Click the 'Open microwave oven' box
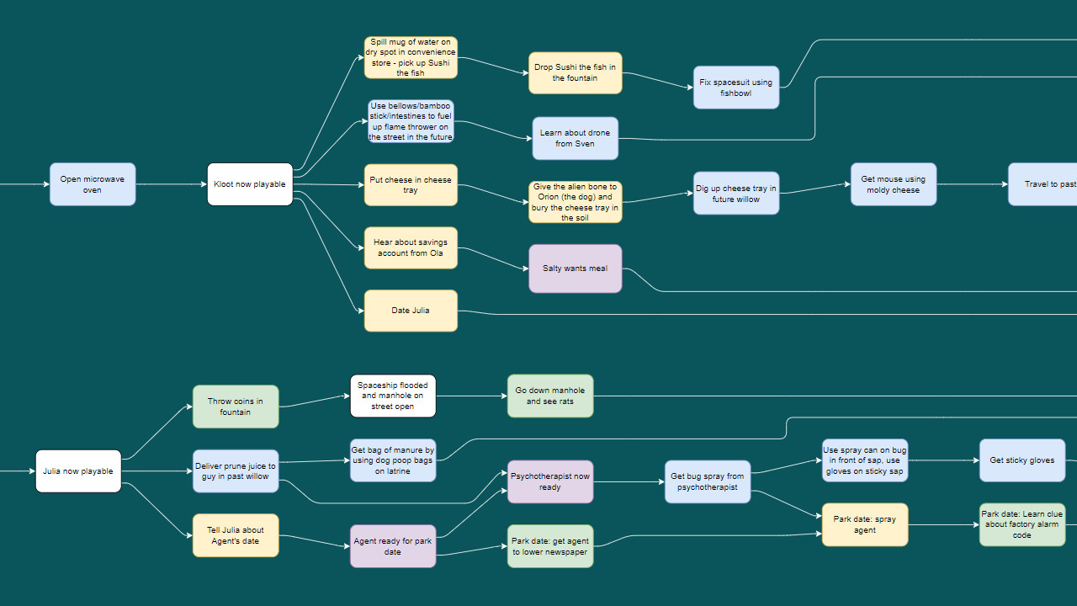pos(93,184)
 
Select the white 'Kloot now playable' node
pos(250,184)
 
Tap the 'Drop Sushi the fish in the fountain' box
pos(576,73)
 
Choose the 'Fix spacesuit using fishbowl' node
pos(736,88)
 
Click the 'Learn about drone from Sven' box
pos(576,138)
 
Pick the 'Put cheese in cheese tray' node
pos(411,185)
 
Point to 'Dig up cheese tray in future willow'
pos(736,194)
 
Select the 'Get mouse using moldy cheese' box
pos(893,184)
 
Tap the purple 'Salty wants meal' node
pos(576,268)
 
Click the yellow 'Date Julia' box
pos(411,311)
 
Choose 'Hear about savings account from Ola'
pos(411,247)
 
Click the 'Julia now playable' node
pos(78,471)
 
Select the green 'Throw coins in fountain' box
pos(236,407)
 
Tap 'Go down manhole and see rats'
pos(550,396)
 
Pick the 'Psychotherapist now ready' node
pos(550,481)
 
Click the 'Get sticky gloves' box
pos(1022,460)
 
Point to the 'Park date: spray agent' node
pos(865,524)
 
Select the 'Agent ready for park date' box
pos(393,546)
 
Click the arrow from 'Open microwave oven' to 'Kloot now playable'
pos(171,184)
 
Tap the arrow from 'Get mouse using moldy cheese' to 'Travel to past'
pos(972,184)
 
